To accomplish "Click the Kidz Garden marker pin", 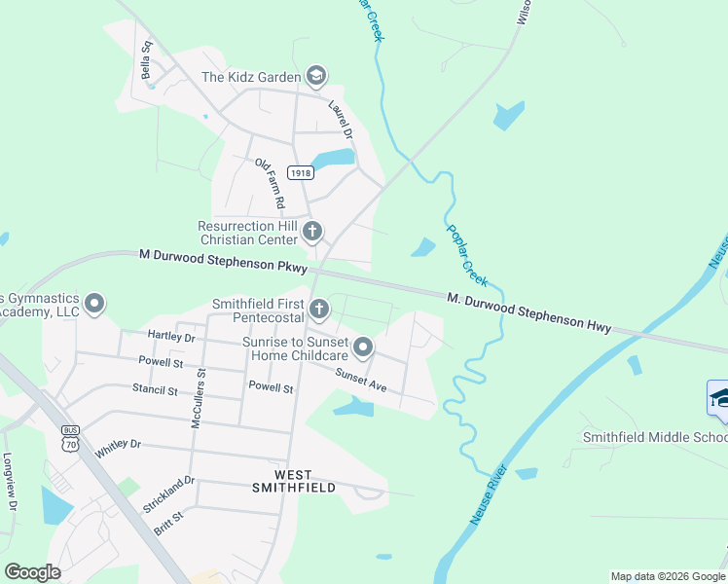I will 314,76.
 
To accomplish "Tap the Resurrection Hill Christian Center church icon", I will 312,232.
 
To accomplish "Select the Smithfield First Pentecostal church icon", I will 319,310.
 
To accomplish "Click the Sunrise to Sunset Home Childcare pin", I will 363,347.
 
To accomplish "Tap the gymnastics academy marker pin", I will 94,304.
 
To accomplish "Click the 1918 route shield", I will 301,172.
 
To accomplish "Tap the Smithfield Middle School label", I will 654,437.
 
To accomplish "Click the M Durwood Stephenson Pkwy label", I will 223,260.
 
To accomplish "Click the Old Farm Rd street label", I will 269,184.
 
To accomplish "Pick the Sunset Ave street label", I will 361,381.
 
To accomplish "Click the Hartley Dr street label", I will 171,337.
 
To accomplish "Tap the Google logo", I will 32,572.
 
